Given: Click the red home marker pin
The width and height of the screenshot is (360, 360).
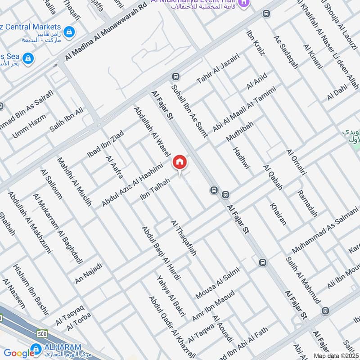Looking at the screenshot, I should point(180,162).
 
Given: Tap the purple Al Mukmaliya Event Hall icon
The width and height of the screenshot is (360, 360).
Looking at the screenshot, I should point(243,3).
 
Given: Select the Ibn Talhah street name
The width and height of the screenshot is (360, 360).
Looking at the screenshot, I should point(155,189).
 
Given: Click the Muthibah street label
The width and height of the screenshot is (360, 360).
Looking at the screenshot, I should point(240,131).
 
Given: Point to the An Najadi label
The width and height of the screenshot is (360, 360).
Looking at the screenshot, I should point(89,273).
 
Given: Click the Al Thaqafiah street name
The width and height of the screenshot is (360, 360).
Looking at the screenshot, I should point(183,238).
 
